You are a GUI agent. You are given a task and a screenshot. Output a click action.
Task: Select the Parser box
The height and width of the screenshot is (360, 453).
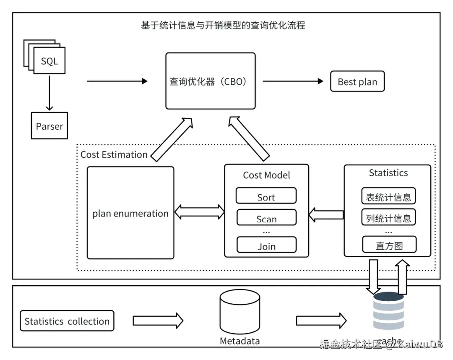pyautogui.click(x=49, y=126)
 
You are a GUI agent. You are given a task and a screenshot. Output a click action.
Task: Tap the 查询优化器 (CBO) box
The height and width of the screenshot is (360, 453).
pyautogui.click(x=210, y=81)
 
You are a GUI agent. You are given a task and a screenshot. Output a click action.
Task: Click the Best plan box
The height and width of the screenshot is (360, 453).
pyautogui.click(x=357, y=82)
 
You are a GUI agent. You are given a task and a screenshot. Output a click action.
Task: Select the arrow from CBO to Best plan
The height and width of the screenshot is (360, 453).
pyautogui.click(x=293, y=81)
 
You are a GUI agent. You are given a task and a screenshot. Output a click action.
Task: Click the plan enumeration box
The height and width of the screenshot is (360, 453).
pyautogui.click(x=130, y=213)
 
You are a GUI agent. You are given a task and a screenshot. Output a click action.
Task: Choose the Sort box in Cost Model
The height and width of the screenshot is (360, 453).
pyautogui.click(x=266, y=196)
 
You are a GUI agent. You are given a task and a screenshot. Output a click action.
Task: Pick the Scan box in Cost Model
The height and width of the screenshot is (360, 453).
pyautogui.click(x=266, y=218)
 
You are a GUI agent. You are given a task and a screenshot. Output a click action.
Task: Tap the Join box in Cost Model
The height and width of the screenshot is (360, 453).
pyautogui.click(x=266, y=245)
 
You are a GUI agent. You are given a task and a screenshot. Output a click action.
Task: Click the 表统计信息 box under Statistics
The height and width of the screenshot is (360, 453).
pyautogui.click(x=388, y=196)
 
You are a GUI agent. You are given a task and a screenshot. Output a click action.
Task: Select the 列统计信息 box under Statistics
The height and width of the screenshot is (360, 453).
pyautogui.click(x=388, y=217)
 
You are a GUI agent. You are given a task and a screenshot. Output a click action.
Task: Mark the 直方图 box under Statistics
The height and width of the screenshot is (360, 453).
pyautogui.click(x=389, y=245)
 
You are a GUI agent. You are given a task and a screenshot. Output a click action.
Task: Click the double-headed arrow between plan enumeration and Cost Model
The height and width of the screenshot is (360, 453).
pyautogui.click(x=199, y=212)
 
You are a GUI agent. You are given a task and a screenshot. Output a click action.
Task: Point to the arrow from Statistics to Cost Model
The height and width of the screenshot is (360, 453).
pyautogui.click(x=326, y=215)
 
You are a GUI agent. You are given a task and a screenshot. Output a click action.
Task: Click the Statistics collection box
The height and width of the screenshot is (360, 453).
pyautogui.click(x=67, y=321)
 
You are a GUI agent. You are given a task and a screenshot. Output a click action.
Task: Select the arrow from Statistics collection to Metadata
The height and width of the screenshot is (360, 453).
pyautogui.click(x=158, y=321)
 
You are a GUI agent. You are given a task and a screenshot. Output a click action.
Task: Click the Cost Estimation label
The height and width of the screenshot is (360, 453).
pyautogui.click(x=114, y=154)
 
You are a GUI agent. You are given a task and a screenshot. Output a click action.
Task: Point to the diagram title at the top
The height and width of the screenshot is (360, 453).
pyautogui.click(x=223, y=25)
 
